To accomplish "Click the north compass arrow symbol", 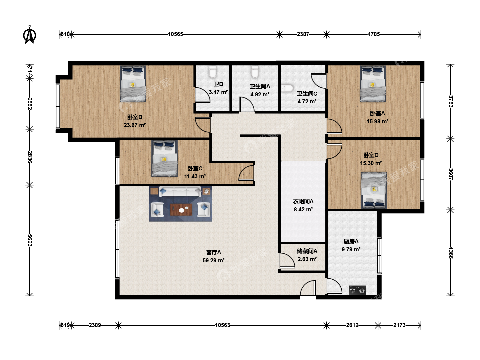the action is point(30,35).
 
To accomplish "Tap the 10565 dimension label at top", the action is point(175,34).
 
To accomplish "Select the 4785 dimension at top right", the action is point(374,34).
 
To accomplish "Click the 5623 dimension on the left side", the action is point(30,240).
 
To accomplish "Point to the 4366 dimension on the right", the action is point(450,253).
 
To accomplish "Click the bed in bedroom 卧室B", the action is point(133,84).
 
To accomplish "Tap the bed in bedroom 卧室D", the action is point(374,190).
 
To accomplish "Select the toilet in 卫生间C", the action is point(288,88).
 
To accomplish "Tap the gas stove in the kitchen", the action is point(357,290).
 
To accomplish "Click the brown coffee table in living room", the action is point(181,210).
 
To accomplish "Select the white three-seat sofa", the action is point(180,192).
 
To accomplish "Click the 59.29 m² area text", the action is point(213,260).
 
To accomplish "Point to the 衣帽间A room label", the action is point(303,201).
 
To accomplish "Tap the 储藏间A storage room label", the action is point(307,251).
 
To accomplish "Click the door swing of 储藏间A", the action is point(287,261).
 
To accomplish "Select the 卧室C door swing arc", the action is point(246,173).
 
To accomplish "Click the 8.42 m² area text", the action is point(303,209).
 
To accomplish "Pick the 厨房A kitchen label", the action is point(351,242).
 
